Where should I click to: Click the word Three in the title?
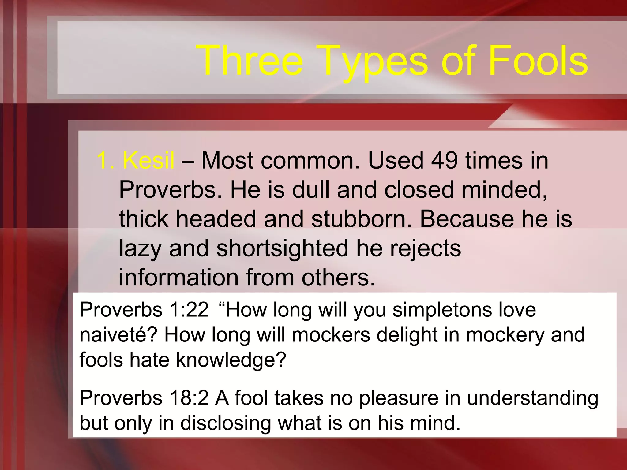click(250, 60)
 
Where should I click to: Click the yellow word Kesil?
click(148, 160)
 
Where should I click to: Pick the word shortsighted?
click(282, 248)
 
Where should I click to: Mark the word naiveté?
click(118, 335)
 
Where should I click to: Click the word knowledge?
click(231, 360)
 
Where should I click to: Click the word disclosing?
click(226, 423)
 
